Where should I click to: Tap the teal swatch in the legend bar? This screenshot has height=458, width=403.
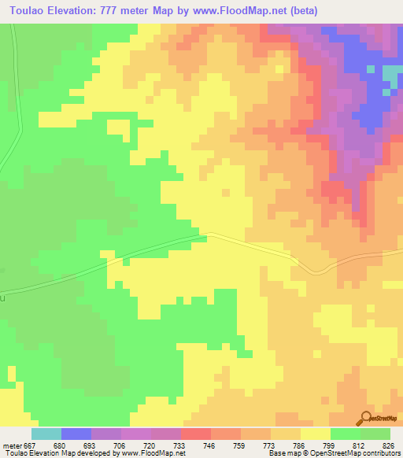[x=46, y=434]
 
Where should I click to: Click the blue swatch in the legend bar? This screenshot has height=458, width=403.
[x=76, y=434]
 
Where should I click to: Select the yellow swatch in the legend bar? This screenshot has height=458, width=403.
[x=316, y=434]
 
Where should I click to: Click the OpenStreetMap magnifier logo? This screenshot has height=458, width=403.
[x=366, y=417]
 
